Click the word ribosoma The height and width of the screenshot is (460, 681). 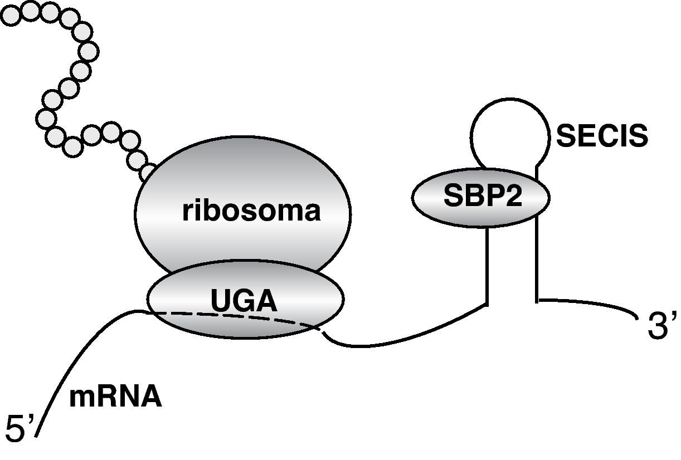[251, 212]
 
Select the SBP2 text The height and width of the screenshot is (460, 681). [483, 195]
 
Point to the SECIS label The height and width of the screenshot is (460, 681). [602, 136]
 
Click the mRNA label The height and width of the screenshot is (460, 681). [115, 398]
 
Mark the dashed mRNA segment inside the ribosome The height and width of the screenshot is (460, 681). [234, 316]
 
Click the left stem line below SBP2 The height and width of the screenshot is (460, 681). [488, 262]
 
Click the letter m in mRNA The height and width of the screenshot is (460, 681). [81, 398]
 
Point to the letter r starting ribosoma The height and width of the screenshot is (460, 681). [187, 212]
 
